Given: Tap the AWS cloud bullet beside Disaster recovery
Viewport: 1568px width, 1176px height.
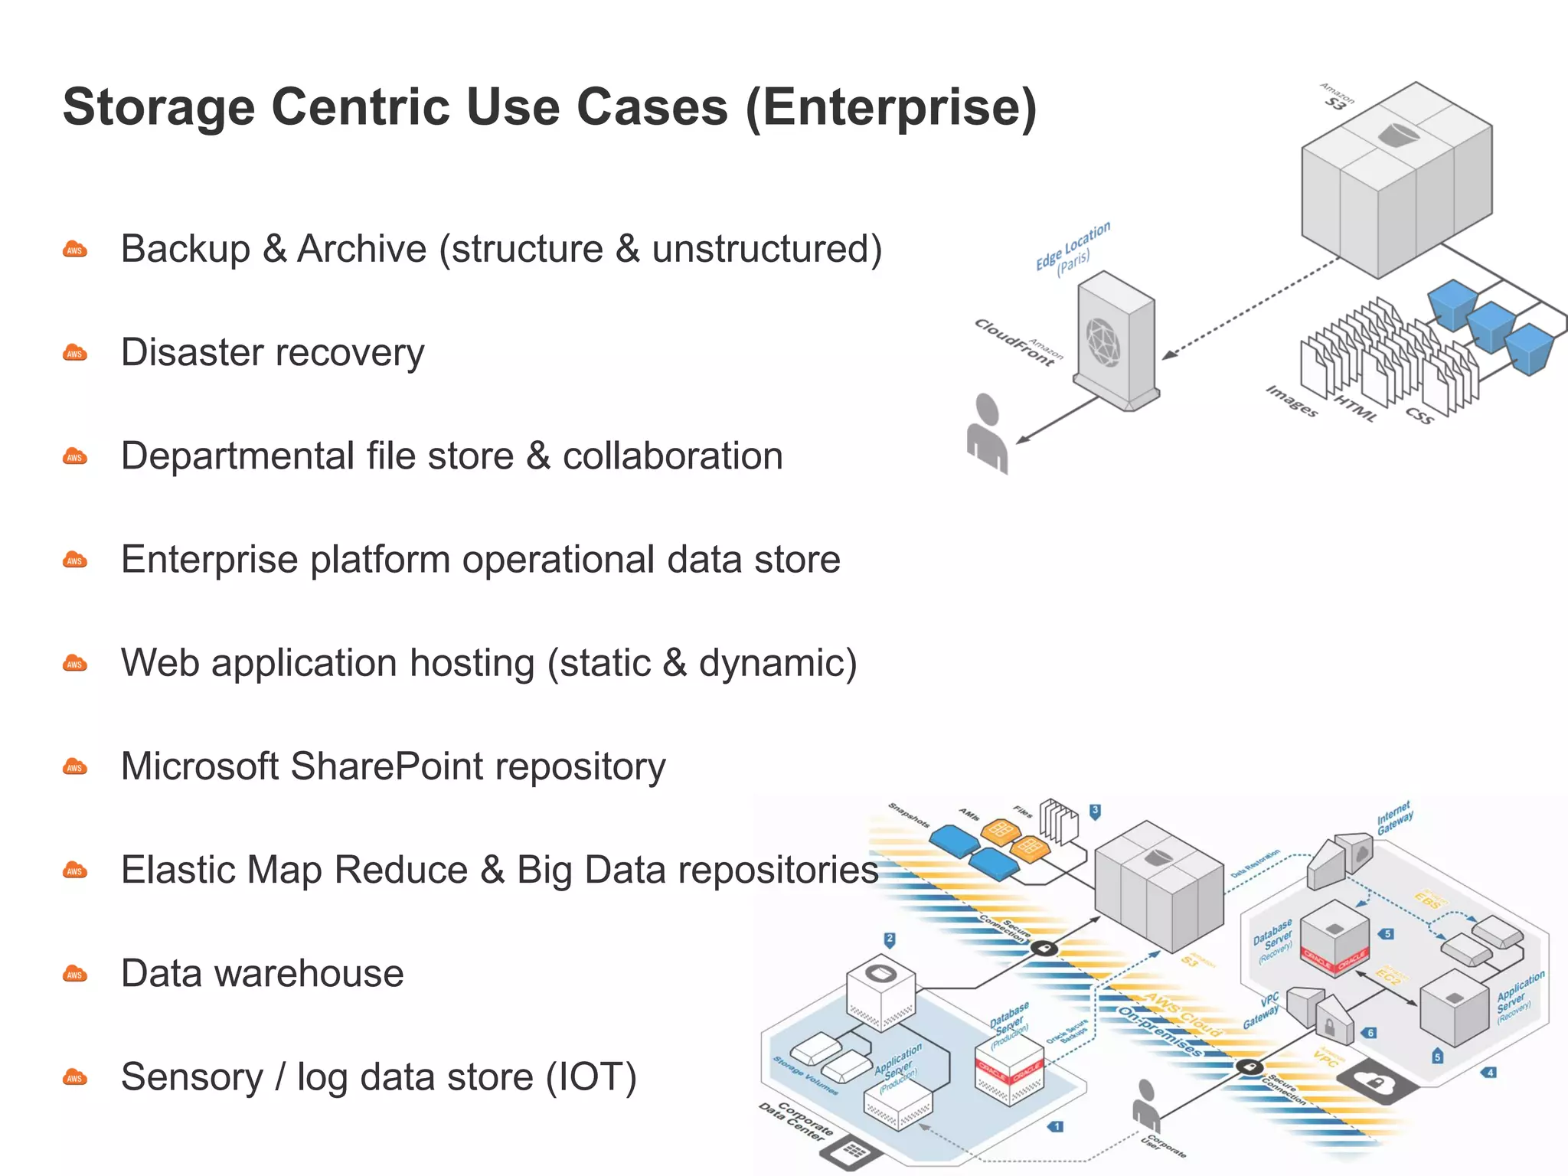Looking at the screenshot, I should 75,353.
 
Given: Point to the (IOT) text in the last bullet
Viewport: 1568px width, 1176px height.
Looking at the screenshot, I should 590,1076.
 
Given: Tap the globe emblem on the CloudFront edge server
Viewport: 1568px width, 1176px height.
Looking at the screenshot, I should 1103,341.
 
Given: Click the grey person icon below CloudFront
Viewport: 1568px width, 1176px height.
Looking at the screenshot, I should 988,435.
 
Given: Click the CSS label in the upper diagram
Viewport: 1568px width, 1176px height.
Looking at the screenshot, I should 1419,416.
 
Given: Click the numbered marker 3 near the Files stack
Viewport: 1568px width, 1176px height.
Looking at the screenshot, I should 1095,812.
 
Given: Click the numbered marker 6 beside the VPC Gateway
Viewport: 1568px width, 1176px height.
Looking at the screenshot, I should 1370,1033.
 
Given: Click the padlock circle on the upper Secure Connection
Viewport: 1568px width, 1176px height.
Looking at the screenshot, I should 1044,949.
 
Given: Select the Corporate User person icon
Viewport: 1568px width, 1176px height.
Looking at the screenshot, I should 1145,1105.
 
